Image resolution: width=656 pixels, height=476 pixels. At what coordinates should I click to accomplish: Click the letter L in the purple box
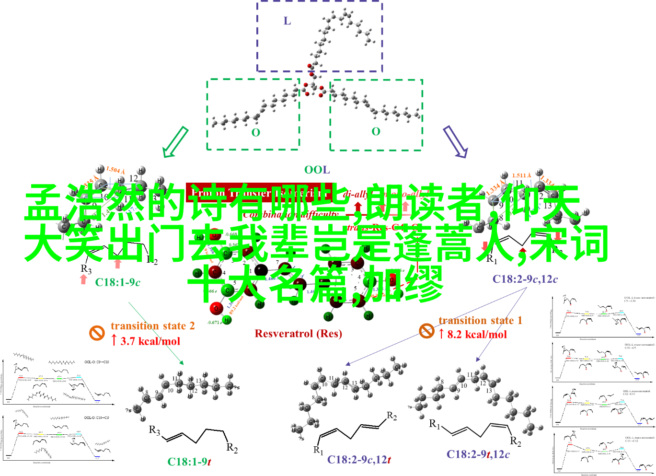[287, 21]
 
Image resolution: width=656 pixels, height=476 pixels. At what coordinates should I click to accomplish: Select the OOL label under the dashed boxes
[317, 170]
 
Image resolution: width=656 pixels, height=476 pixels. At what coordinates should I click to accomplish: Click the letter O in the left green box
[256, 132]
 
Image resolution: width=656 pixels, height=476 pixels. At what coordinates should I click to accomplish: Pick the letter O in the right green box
[376, 131]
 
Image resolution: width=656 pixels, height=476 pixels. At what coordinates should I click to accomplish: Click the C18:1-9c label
[117, 282]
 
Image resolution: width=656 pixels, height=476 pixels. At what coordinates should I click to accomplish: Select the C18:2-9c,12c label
[525, 279]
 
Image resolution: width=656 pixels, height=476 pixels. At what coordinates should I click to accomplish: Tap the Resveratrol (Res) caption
[298, 334]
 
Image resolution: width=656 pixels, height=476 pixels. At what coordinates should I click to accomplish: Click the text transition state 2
[153, 326]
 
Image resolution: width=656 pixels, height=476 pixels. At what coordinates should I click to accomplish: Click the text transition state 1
[480, 320]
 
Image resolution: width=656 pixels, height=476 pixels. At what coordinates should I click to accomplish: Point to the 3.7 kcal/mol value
[150, 341]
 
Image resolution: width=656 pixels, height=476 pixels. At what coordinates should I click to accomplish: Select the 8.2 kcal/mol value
[477, 335]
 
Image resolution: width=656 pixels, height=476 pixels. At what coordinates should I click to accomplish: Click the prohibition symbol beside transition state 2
[97, 333]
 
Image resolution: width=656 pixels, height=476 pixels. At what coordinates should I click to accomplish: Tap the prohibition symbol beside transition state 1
[426, 330]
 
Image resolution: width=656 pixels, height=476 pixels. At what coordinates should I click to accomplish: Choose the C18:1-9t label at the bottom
[189, 462]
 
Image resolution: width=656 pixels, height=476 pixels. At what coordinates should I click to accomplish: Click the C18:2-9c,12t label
[359, 460]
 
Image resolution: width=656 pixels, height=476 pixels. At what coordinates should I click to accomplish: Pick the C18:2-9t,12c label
[478, 454]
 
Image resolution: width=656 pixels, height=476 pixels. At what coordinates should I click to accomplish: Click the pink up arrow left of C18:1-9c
[84, 279]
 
